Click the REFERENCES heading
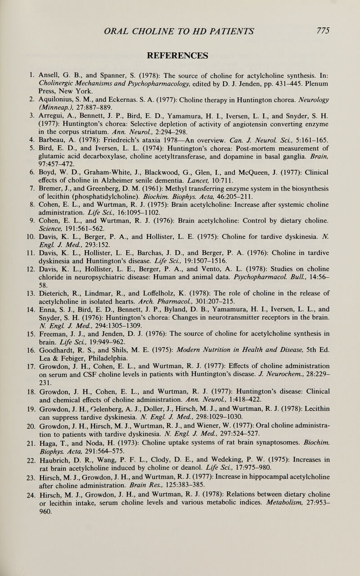click(x=180, y=55)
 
